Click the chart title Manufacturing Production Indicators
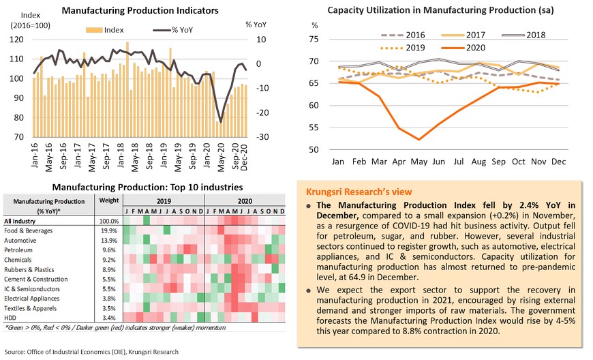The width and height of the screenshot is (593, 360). pos(140,11)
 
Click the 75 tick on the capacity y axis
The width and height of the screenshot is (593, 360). pos(314,40)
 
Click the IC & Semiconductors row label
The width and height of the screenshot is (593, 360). pos(33,288)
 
